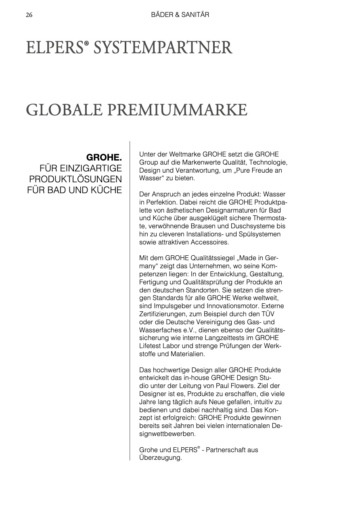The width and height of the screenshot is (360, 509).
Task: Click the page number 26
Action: point(29,15)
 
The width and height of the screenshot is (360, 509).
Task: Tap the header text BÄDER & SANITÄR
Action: point(180,15)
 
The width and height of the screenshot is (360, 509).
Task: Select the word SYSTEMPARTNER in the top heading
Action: point(163,48)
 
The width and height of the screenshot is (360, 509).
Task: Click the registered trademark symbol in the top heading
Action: point(86,44)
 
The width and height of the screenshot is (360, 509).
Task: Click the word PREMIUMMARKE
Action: point(182,110)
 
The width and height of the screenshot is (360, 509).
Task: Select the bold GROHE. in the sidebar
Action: point(104,156)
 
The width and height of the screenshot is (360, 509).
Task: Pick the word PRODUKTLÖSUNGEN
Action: point(75,179)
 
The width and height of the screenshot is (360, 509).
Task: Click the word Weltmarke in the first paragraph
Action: point(186,154)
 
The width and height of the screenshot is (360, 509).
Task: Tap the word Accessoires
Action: point(210,242)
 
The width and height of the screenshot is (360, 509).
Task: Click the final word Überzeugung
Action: point(160,458)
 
